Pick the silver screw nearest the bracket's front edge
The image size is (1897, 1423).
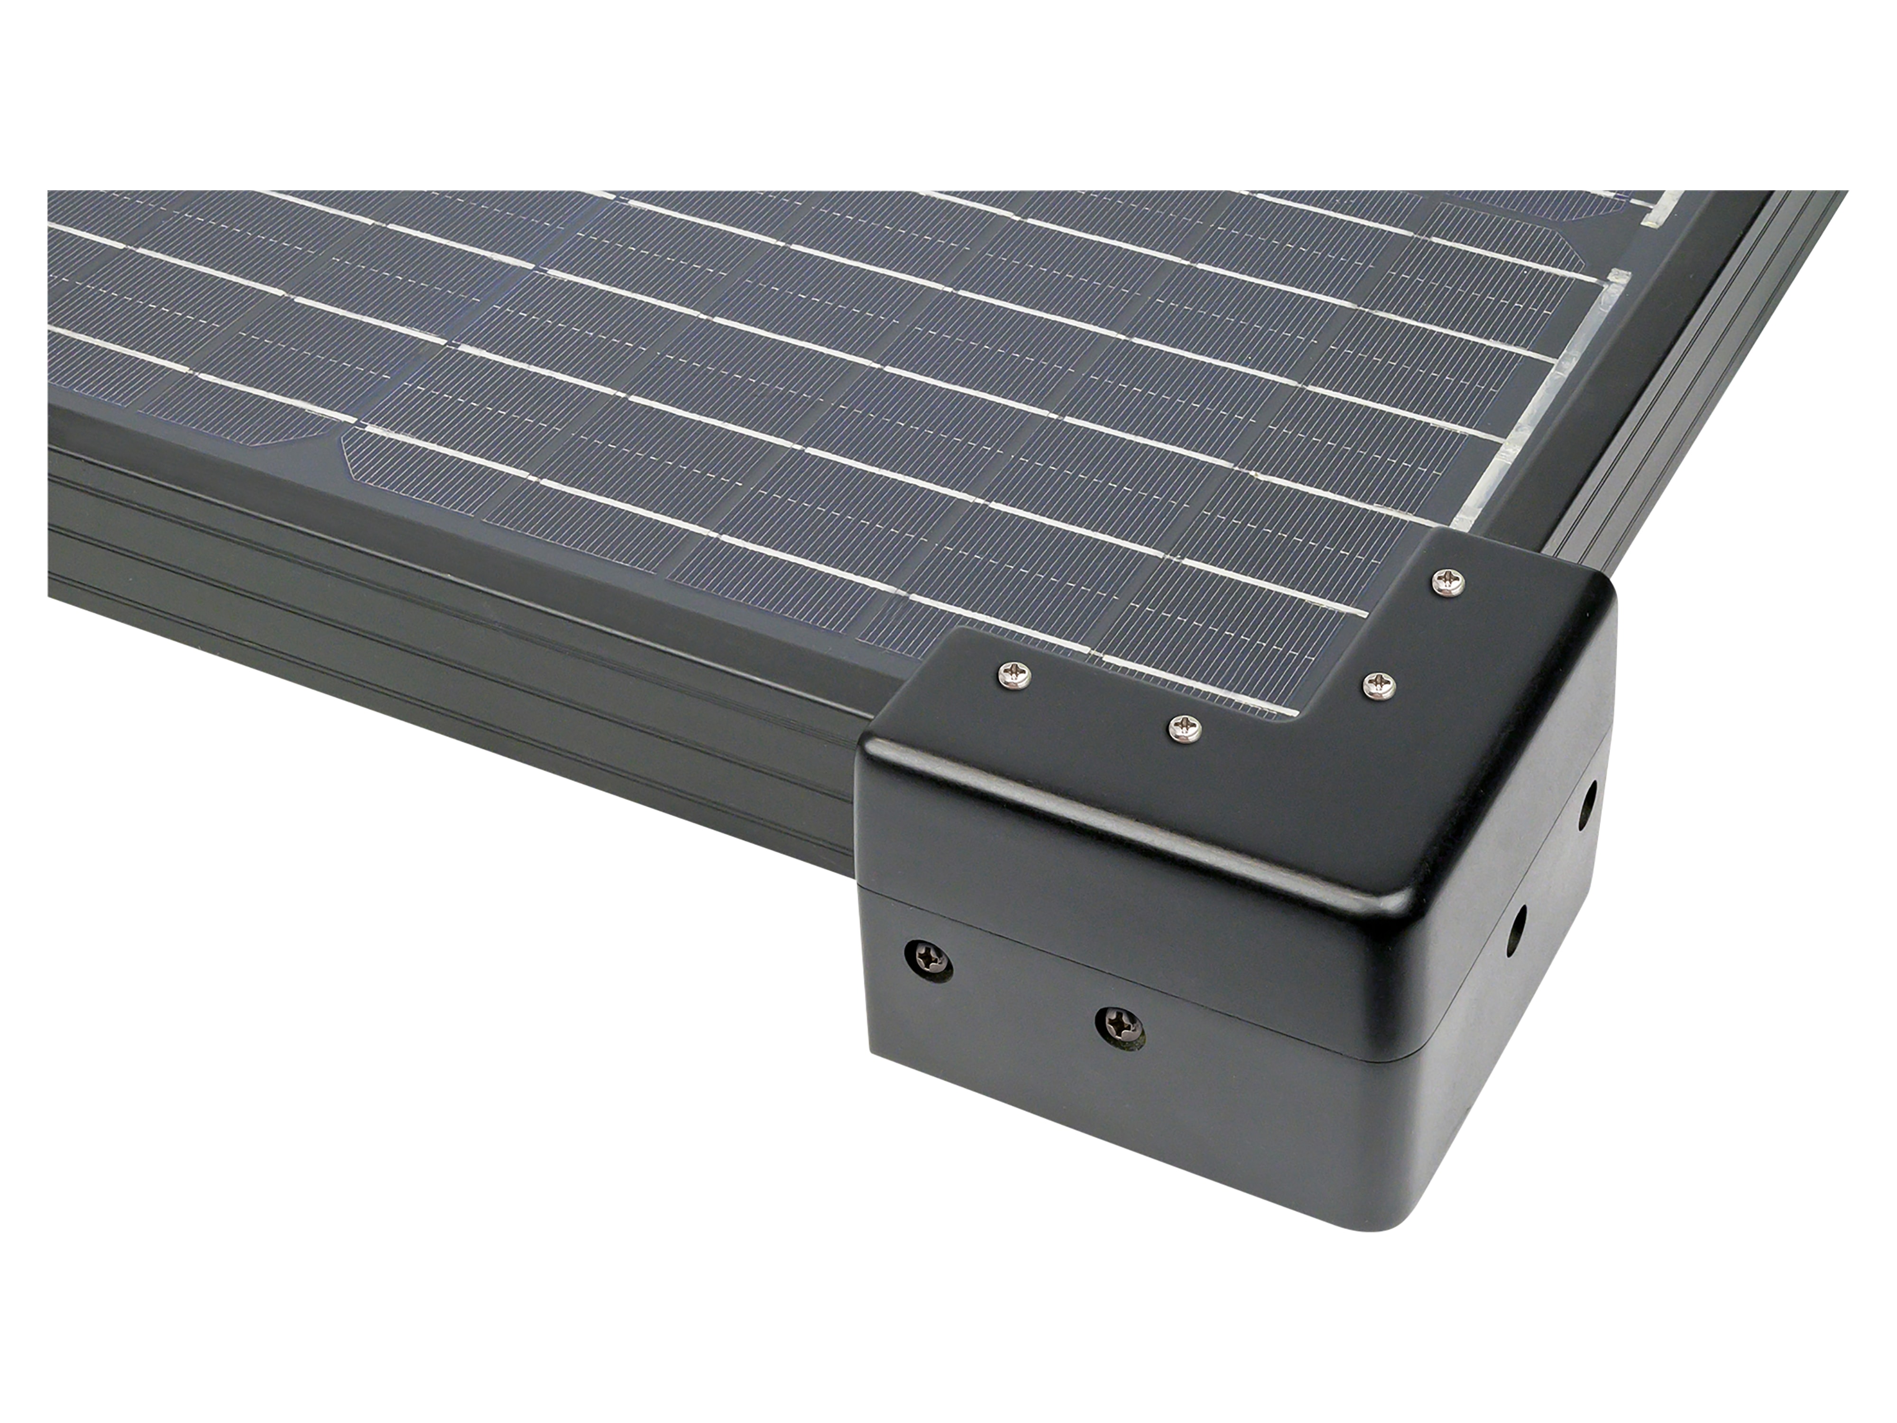[x=1184, y=729]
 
